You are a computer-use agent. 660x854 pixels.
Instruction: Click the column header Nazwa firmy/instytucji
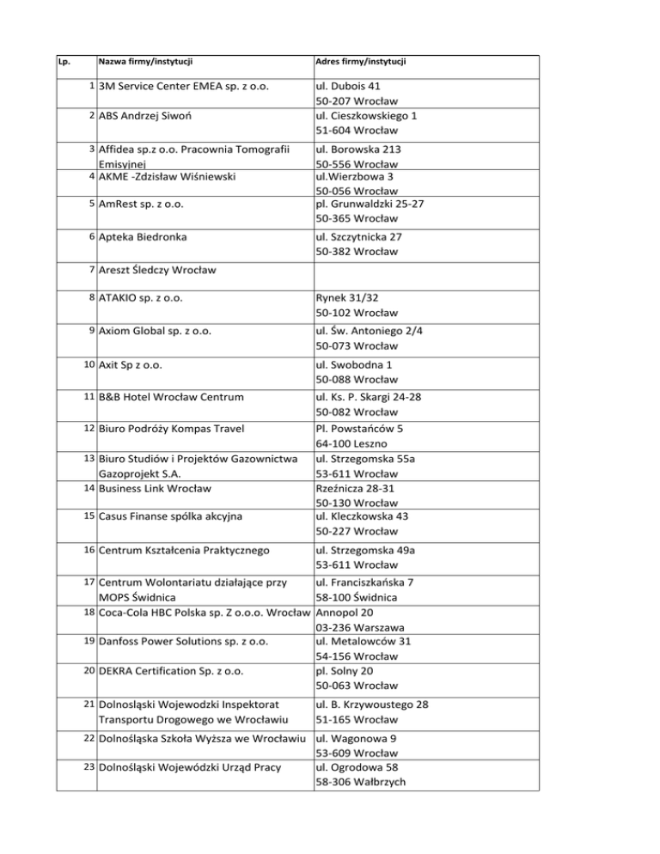[145, 63]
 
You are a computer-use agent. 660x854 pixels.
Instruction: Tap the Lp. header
[64, 63]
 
